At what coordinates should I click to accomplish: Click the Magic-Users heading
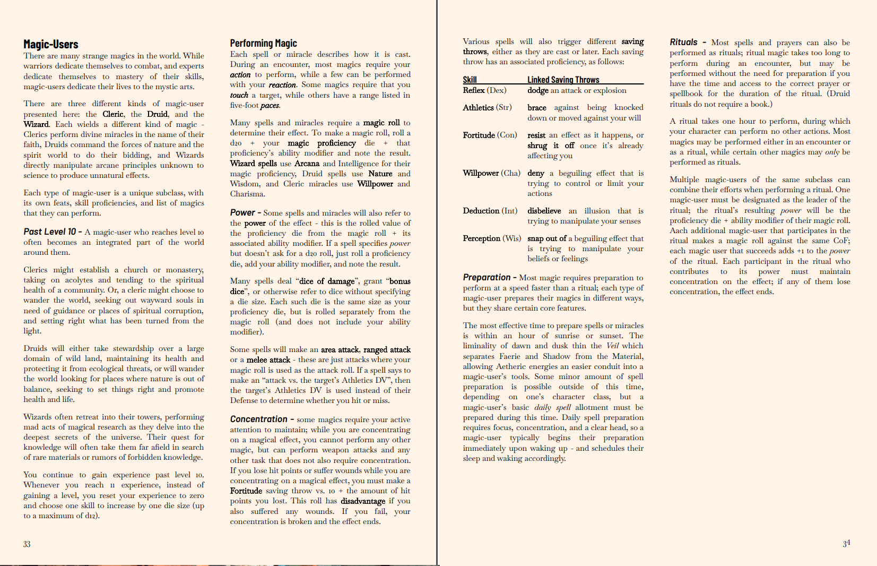(x=51, y=45)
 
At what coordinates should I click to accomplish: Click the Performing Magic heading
(x=263, y=44)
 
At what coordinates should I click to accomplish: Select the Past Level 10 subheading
(x=50, y=231)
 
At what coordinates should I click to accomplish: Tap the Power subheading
(x=242, y=212)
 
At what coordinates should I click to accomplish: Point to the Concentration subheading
(x=258, y=419)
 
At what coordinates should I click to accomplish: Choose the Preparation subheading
(x=487, y=277)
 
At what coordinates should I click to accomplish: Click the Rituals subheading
(x=683, y=42)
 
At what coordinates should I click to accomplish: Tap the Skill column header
(x=470, y=80)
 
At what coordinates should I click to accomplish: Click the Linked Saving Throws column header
(x=563, y=80)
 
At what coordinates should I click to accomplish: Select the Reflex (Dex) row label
(x=484, y=90)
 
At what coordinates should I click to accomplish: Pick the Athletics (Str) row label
(x=487, y=107)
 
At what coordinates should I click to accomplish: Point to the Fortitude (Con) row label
(x=490, y=135)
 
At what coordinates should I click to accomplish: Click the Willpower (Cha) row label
(x=491, y=173)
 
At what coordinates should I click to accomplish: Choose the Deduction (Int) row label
(x=490, y=211)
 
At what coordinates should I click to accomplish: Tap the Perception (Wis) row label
(x=492, y=238)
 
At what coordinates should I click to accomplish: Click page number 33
(x=27, y=544)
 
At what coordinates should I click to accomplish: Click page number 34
(x=846, y=543)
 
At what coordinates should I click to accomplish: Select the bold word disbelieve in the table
(x=544, y=211)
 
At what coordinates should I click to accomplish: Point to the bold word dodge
(x=537, y=90)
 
